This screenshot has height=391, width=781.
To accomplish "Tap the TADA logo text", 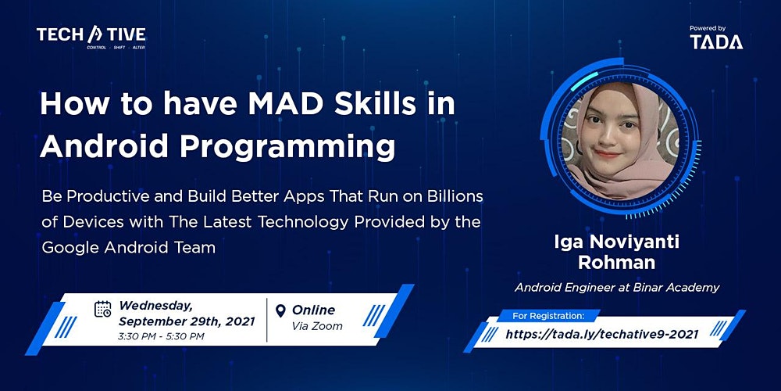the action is pos(716,42).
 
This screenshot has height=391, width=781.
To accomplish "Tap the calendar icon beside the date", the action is pos(102,309).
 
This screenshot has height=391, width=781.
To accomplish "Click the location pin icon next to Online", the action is pos(281,310).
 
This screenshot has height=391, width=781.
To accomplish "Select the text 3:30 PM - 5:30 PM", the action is pos(162,336).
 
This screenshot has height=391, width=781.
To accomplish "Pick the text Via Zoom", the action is pos(317,327).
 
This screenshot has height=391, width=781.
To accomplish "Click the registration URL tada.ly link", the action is pos(602,334).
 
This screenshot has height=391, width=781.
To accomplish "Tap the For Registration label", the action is pos(548,316).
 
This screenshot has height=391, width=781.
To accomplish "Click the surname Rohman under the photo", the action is pos(617,263).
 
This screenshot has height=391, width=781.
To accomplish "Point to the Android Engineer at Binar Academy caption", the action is pos(617,288).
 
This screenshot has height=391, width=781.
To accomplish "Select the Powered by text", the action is pos(708,28).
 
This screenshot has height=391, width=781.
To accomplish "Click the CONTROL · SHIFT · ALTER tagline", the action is pos(116,48).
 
